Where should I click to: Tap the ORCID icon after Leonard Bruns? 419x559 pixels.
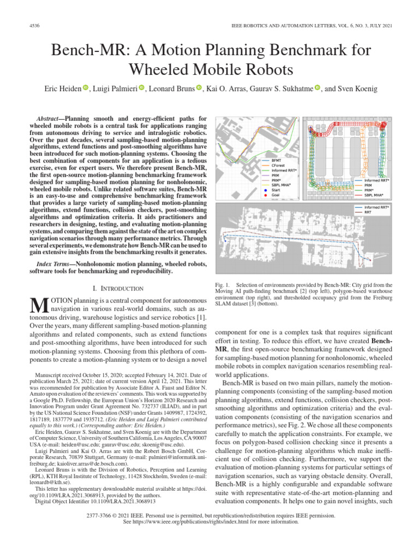(x=199, y=88)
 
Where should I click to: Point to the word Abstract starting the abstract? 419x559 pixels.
(x=61, y=118)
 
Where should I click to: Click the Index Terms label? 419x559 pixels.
(x=52, y=264)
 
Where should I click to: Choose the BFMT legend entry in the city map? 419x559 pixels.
(x=277, y=160)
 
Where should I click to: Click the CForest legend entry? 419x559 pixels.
(x=279, y=165)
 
